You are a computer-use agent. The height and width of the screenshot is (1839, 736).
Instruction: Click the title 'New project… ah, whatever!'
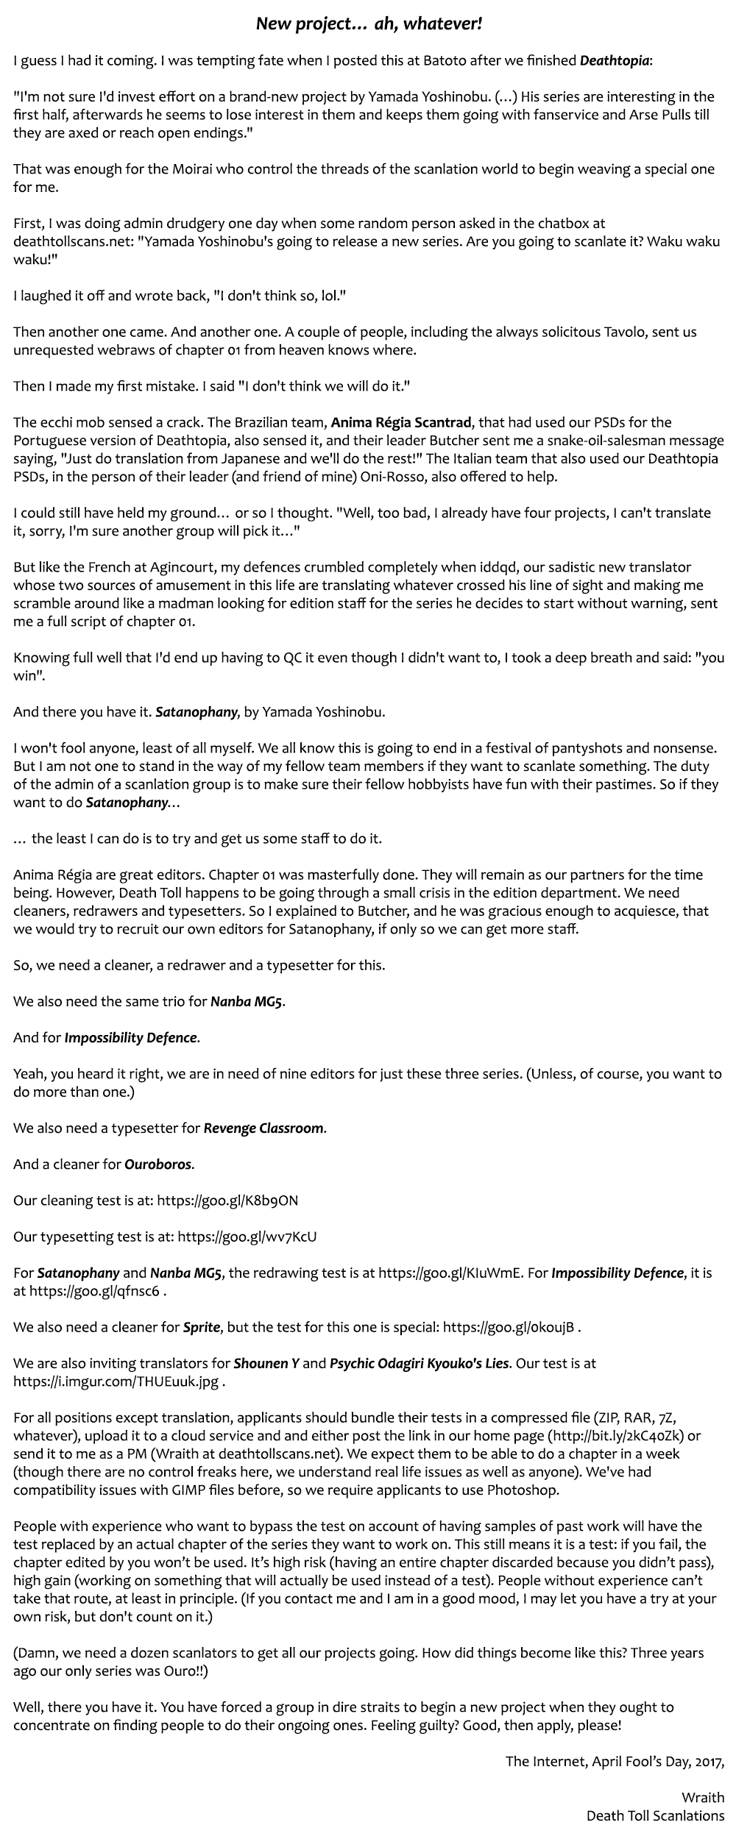click(369, 24)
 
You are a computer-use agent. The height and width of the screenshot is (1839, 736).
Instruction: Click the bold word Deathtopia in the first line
click(615, 60)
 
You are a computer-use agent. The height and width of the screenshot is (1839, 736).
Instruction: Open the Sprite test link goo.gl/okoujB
click(508, 1327)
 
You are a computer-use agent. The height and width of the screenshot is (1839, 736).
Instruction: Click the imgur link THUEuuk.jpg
click(116, 1381)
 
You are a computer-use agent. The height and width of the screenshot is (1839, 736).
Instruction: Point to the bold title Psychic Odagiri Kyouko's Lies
click(418, 1363)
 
